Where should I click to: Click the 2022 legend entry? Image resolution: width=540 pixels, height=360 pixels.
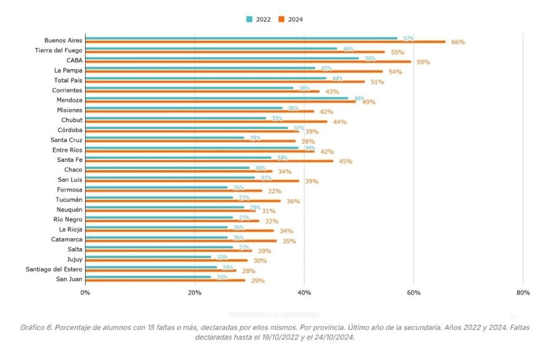[x=258, y=19]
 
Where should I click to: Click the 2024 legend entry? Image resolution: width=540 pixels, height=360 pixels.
[x=290, y=19]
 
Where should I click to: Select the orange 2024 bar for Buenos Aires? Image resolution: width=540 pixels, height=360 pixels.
[x=265, y=42]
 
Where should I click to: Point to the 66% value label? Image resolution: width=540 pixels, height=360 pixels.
[x=458, y=42]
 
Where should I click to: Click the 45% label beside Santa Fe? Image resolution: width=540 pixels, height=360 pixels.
[x=346, y=161]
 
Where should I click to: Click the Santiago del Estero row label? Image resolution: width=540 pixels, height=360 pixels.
[x=54, y=269]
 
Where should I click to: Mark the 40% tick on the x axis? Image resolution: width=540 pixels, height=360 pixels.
[x=304, y=292]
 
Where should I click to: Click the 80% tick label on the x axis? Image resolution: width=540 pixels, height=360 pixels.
[x=523, y=292]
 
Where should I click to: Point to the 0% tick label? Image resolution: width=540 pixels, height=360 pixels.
[x=85, y=292]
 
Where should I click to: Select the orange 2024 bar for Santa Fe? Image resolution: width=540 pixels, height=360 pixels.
[x=209, y=161]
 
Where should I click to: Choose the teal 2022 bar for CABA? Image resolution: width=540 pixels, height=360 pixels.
[x=222, y=58]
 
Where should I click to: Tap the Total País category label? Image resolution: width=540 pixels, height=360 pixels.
[x=68, y=80]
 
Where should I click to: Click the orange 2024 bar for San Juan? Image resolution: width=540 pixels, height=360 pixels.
[x=165, y=281]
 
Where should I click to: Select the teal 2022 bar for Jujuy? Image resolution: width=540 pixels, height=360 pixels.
[x=148, y=257]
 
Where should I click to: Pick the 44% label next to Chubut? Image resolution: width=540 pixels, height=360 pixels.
[x=340, y=122]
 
